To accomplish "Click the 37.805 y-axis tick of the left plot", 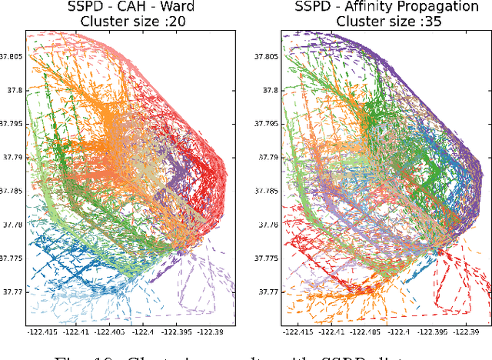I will [x=12, y=56].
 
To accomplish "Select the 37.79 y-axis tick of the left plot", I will [x=12, y=157].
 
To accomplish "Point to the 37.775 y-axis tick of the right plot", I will [x=263, y=258].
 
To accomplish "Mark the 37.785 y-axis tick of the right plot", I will [x=263, y=191].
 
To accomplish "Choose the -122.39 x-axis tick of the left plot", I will [x=210, y=332].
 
